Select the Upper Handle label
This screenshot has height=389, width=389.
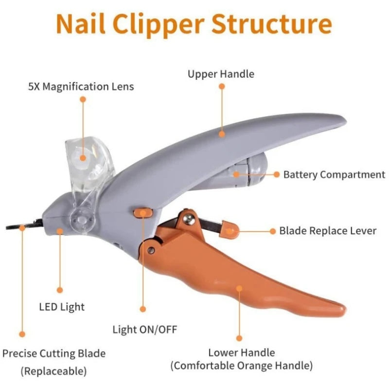point(221,74)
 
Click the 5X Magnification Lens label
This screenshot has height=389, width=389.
point(81,87)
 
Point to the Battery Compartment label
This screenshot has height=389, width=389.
point(334,175)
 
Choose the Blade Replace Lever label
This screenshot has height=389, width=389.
point(328,230)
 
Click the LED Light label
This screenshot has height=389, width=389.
point(62,307)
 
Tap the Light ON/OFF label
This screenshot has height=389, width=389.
point(145,330)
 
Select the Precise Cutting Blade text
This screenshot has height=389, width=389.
point(54,354)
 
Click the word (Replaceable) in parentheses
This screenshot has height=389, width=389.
point(53,371)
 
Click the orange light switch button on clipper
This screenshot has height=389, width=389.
point(142,212)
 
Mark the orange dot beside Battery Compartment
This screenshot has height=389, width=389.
point(276,174)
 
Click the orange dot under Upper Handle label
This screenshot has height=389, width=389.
point(222,86)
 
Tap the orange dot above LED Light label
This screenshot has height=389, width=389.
point(60,290)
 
